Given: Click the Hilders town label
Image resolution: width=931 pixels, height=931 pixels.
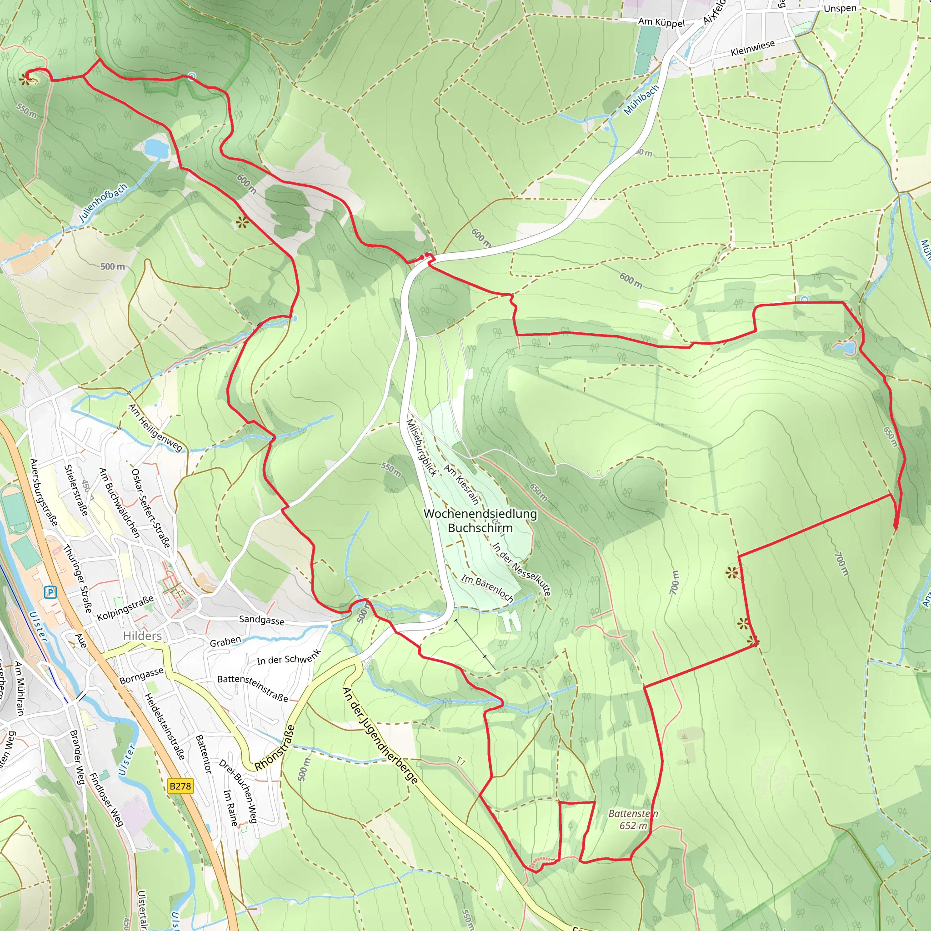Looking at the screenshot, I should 142,636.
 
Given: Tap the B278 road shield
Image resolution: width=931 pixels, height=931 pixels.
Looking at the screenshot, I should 180,786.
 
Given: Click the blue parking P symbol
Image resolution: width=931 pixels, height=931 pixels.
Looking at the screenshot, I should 50,592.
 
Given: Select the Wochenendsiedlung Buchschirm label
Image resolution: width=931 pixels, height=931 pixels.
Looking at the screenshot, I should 480,521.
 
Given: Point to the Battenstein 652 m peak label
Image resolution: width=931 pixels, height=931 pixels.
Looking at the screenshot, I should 633,819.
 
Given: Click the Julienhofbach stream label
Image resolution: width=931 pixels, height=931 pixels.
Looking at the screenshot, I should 103,202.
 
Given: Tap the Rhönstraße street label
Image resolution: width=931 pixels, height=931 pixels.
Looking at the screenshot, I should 274,747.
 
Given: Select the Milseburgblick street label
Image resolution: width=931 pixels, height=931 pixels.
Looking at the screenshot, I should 422,447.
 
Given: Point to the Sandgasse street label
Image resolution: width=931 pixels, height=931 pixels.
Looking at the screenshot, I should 262,620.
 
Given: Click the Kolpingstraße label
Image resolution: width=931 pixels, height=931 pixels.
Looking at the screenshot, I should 125,608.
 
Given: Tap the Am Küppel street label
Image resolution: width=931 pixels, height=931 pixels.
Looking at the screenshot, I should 661,22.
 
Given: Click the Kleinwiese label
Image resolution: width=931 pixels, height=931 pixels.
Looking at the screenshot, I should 752,48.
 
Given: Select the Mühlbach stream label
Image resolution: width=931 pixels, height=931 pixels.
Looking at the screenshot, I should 641,100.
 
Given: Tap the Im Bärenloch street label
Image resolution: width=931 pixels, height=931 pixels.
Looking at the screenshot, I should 487,587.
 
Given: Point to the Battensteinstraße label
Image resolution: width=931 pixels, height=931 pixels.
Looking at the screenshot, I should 252,688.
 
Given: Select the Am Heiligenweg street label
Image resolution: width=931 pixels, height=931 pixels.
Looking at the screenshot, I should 155,428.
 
